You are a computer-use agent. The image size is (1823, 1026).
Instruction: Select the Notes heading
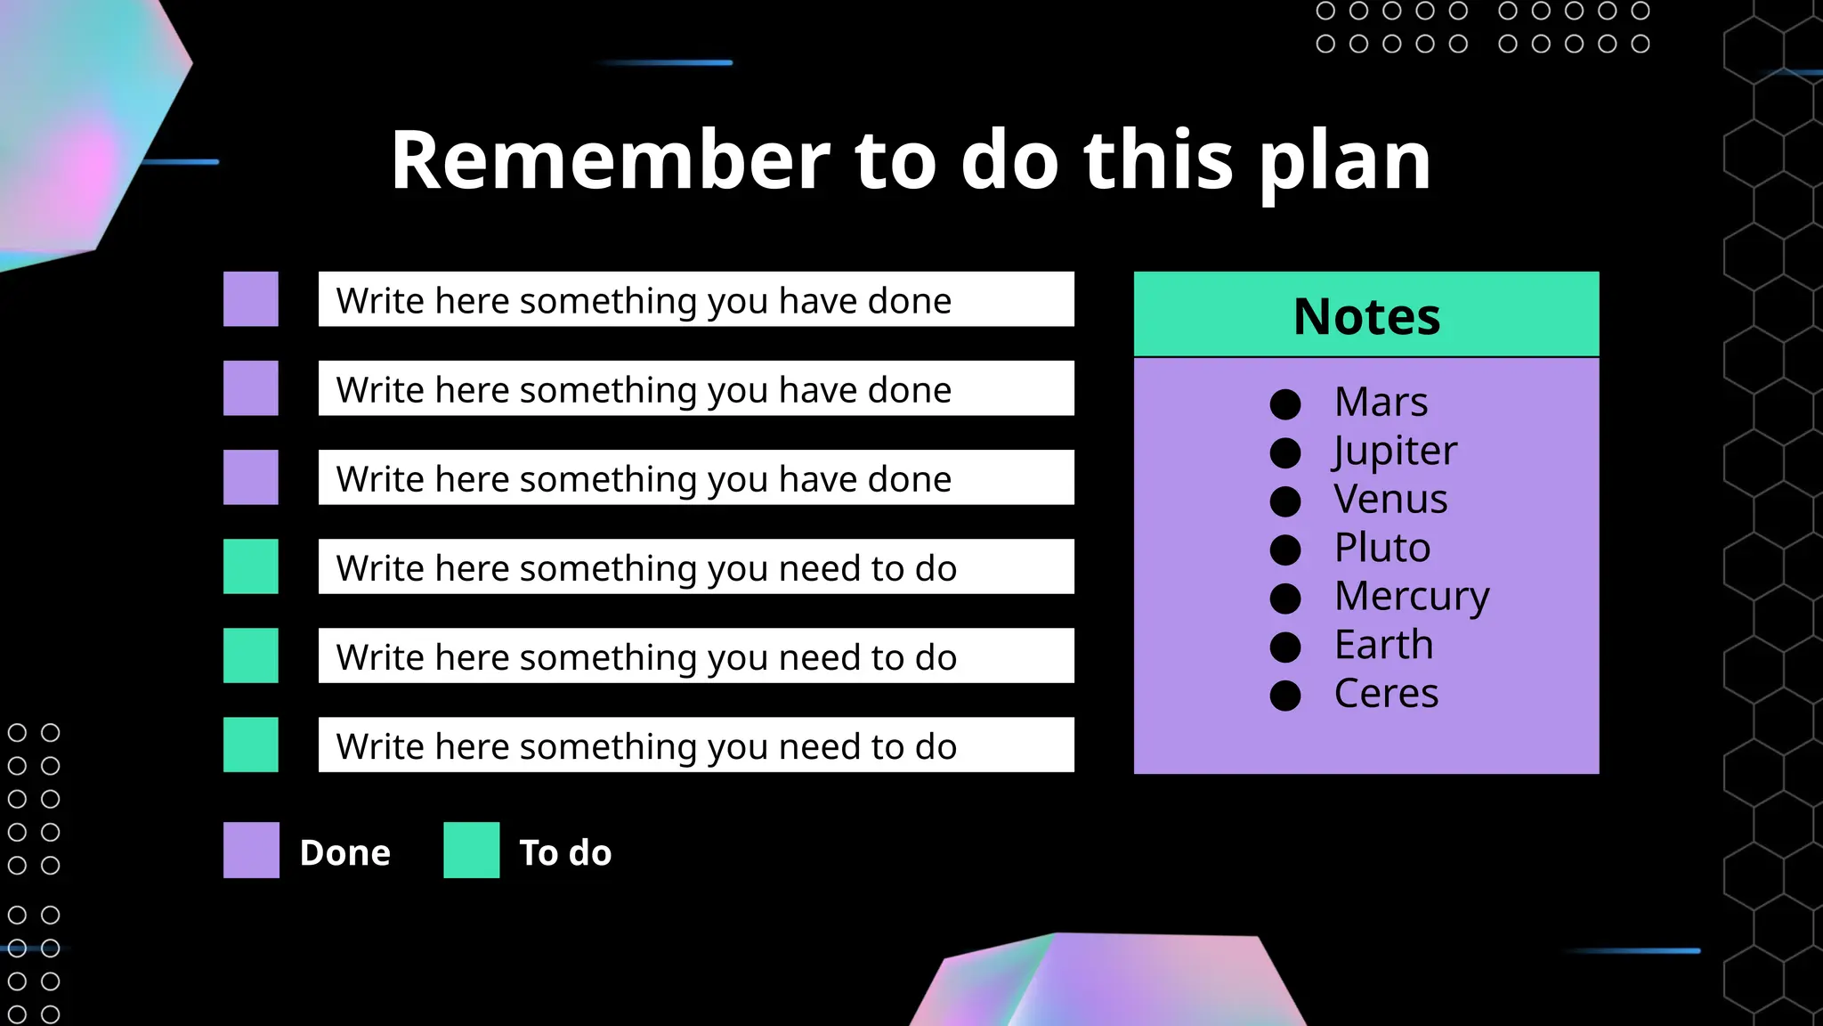pos(1366,316)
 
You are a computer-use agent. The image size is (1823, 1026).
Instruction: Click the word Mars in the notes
pos(1381,402)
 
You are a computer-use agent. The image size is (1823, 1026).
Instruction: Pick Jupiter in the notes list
pos(1395,451)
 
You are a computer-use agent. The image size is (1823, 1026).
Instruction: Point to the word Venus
pos(1390,499)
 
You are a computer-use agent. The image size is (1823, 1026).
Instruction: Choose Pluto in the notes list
pos(1382,548)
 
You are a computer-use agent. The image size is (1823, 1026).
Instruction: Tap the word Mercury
pos(1412,596)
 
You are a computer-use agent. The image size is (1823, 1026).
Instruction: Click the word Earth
pos(1384,645)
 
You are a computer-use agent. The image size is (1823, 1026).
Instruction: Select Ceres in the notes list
pos(1386,693)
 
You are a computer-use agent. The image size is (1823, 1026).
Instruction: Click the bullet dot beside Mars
pos(1285,404)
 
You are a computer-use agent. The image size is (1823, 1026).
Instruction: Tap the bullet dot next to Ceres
pos(1285,696)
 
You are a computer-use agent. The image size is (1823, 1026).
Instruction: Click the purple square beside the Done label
pos(251,850)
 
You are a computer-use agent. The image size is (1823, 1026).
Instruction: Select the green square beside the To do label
pos(472,850)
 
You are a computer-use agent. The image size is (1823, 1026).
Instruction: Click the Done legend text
pos(345,853)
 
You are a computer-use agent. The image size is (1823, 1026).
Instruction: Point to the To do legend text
pos(565,853)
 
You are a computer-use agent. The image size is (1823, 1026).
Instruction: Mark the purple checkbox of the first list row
pos(251,299)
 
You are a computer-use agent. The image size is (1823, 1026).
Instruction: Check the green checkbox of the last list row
pos(251,745)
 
